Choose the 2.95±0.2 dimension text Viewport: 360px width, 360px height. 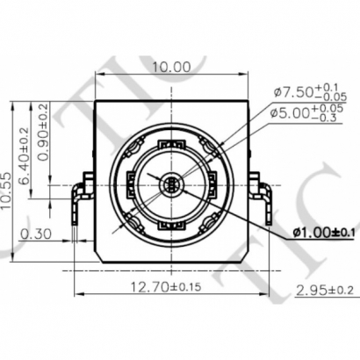pyautogui.click(x=325, y=290)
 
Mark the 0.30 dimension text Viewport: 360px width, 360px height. pyautogui.click(x=33, y=234)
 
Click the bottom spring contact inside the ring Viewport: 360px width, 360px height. pyautogui.click(x=170, y=223)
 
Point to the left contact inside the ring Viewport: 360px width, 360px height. pyautogui.click(x=133, y=185)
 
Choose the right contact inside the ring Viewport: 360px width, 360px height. pyautogui.click(x=208, y=185)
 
